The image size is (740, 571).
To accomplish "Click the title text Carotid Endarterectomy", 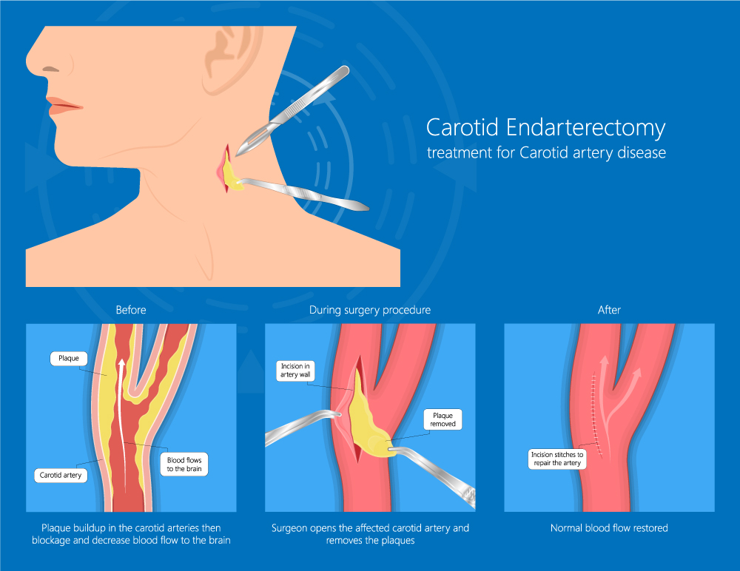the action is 545,127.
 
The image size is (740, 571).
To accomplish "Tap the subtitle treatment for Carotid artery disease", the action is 546,153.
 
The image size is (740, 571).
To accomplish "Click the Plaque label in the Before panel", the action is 69,358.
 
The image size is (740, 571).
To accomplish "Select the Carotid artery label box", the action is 61,475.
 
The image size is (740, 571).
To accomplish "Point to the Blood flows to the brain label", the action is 184,464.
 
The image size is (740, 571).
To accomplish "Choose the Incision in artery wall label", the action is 295,371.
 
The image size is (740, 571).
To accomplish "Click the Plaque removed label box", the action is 443,419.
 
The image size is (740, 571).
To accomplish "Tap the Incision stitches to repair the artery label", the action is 557,459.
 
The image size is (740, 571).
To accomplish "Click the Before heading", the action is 131,310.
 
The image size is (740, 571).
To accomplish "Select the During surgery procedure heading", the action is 370,310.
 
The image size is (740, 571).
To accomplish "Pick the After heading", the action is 609,310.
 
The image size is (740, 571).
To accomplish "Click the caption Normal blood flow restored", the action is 609,528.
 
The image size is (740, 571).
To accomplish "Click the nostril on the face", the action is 50,70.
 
